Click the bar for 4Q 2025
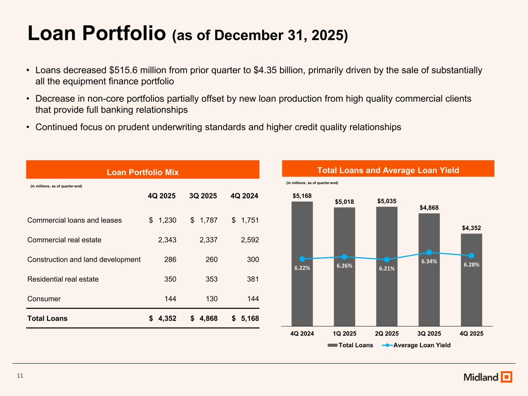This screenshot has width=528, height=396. pyautogui.click(x=471, y=286)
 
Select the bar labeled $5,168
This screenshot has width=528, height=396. pyautogui.click(x=302, y=271)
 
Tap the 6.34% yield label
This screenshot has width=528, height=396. pyautogui.click(x=429, y=261)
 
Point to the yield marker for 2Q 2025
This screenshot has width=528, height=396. pyautogui.click(x=387, y=259)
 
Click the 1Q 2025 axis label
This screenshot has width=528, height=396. pyautogui.click(x=344, y=333)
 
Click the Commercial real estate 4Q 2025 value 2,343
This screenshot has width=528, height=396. pyautogui.click(x=167, y=240)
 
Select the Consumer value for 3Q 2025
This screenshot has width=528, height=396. pyautogui.click(x=212, y=299)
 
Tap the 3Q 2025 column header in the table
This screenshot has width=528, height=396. pyautogui.click(x=203, y=196)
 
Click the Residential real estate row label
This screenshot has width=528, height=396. pyautogui.click(x=63, y=279)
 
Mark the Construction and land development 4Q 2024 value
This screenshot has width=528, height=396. pyautogui.click(x=253, y=259)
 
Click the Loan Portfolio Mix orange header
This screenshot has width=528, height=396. pyautogui.click(x=142, y=172)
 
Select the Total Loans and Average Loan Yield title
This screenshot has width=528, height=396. pyautogui.click(x=388, y=170)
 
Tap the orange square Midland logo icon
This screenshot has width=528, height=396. pyautogui.click(x=506, y=377)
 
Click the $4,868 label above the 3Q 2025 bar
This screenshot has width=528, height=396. pyautogui.click(x=429, y=208)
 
